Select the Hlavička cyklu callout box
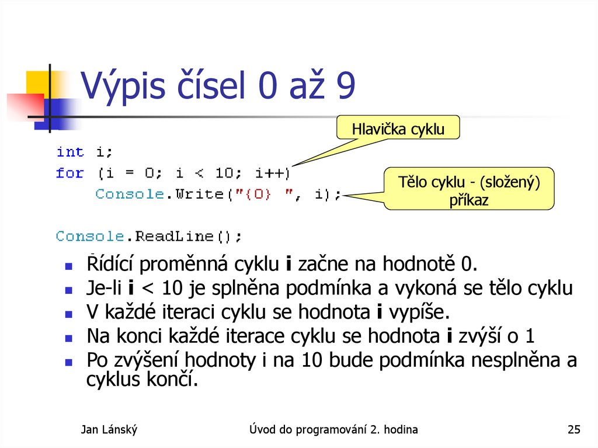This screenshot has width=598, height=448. tap(398, 129)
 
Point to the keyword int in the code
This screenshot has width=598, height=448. tap(70, 152)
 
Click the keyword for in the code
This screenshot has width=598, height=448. tap(70, 173)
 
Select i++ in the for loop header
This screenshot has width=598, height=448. tap(271, 173)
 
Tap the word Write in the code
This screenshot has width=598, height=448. tap(200, 194)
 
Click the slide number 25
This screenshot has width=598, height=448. tap(573, 430)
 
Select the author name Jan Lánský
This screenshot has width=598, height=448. tap(109, 430)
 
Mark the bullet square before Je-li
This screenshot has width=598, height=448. tap(68, 290)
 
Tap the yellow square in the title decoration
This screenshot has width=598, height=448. tap(36, 82)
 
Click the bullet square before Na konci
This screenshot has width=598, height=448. tap(68, 338)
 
